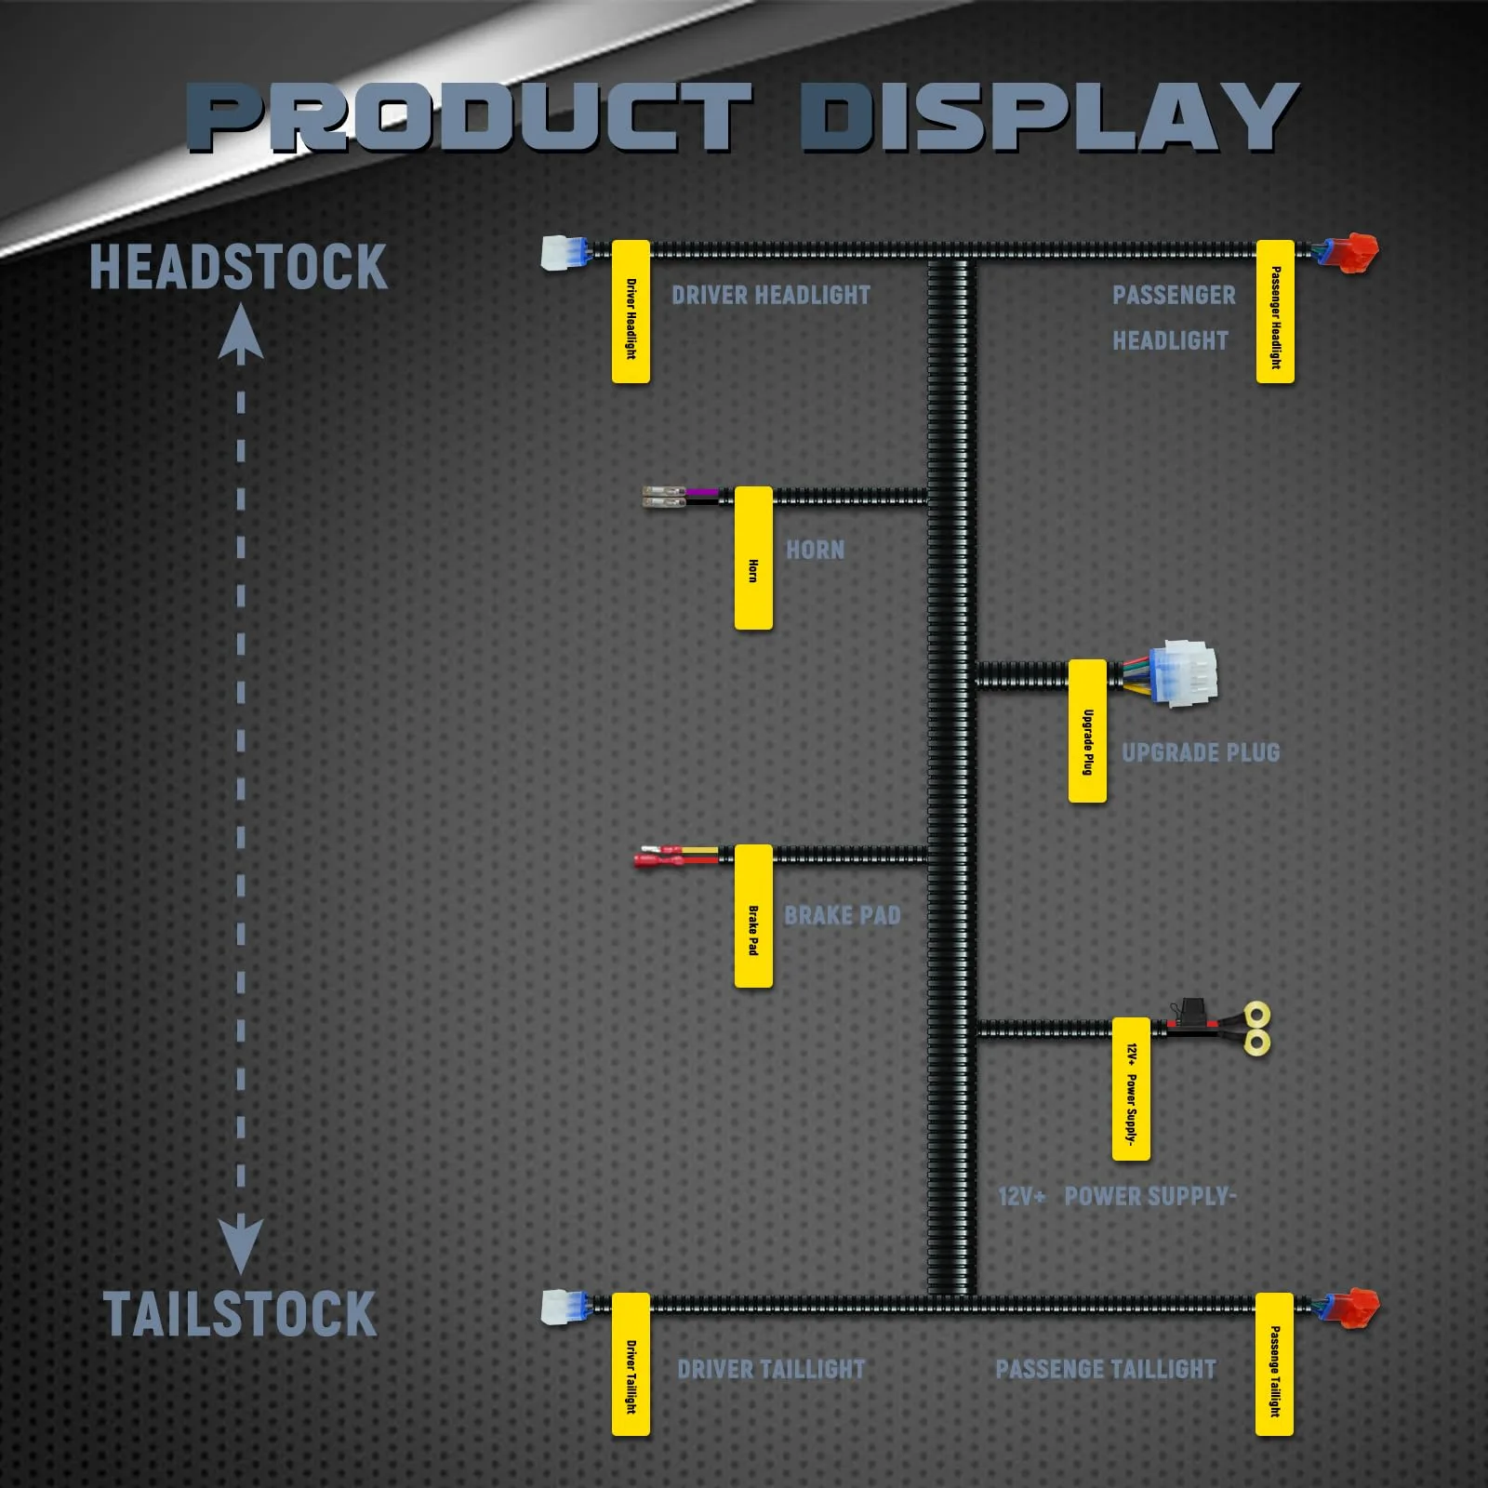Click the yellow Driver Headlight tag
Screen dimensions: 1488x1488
(631, 312)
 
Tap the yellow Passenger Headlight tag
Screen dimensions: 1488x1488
(1275, 312)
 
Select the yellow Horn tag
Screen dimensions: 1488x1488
(753, 558)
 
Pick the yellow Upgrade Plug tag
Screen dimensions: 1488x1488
(1087, 731)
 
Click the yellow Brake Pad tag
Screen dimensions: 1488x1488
(753, 916)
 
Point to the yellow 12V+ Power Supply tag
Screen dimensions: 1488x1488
(1131, 1089)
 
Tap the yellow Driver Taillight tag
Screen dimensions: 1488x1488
(631, 1364)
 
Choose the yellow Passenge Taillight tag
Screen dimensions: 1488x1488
(1274, 1364)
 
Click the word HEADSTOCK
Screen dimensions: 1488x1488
(239, 268)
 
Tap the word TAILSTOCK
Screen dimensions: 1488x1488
(240, 1314)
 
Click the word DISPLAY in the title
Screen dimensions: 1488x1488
(1049, 117)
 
